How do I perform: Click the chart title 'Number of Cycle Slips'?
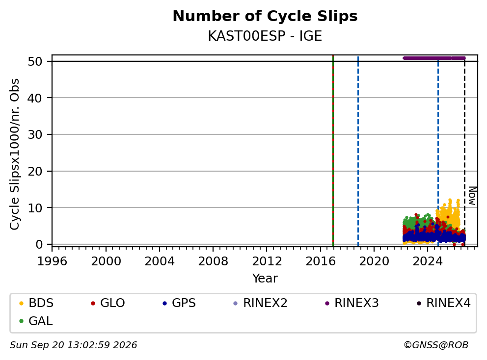(x=265, y=16)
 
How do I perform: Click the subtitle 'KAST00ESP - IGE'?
(x=265, y=36)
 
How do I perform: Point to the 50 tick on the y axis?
(x=35, y=61)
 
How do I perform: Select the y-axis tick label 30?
(x=35, y=135)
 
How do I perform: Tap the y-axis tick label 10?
(x=35, y=208)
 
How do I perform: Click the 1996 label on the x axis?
(x=52, y=261)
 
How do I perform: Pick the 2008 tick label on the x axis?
(x=213, y=261)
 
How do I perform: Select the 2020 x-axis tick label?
(x=374, y=261)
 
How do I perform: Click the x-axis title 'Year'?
(x=265, y=279)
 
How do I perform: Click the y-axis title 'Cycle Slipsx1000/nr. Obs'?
(x=15, y=154)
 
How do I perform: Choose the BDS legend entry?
(x=36, y=303)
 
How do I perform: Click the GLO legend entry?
(x=108, y=303)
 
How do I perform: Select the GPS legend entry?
(x=179, y=303)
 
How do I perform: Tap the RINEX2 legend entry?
(x=260, y=303)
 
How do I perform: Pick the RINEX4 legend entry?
(x=443, y=303)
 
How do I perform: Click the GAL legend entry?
(x=36, y=321)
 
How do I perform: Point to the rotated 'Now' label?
(x=472, y=196)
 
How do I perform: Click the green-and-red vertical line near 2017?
(x=333, y=151)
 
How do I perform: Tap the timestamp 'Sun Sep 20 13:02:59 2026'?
(x=73, y=345)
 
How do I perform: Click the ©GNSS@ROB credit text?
(x=436, y=345)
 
